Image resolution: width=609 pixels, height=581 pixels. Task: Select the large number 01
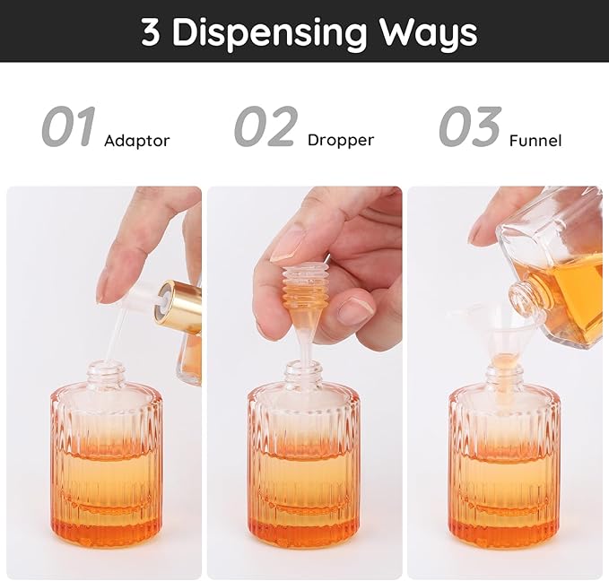[x=68, y=127]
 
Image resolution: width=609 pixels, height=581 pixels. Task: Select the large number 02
[x=266, y=127]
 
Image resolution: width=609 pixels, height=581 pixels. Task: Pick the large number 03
[x=470, y=127]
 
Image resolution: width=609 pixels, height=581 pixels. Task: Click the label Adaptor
[x=136, y=141]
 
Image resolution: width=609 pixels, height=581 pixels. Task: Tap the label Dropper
[x=340, y=140]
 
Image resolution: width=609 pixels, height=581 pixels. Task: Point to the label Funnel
[x=535, y=141]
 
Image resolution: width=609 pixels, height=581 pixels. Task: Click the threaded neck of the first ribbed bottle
[x=102, y=371]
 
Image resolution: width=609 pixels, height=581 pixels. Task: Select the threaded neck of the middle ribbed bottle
[x=303, y=371]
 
